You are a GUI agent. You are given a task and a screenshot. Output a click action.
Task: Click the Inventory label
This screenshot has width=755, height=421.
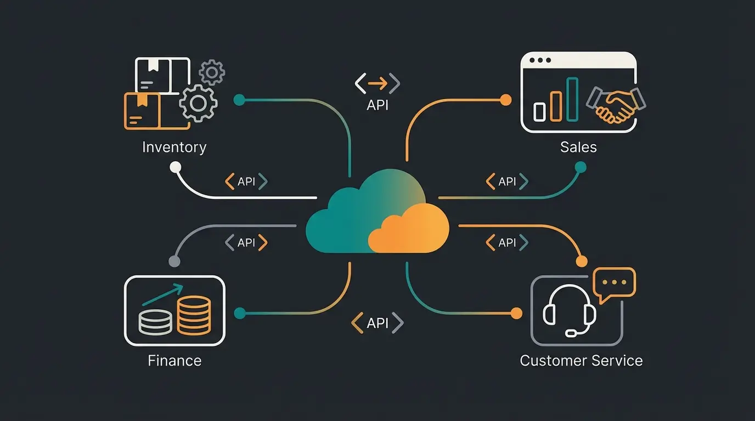point(174,147)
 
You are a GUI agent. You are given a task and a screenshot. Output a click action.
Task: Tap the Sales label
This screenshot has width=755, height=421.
point(578,147)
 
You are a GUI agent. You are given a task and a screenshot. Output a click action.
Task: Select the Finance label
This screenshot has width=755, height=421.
point(174,361)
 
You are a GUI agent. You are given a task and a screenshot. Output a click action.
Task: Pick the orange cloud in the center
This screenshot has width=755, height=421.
point(408,229)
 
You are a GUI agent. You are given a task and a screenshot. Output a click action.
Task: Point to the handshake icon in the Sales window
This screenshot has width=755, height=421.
point(616,104)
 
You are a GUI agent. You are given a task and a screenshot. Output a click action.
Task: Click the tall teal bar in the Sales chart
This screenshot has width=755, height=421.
point(572,99)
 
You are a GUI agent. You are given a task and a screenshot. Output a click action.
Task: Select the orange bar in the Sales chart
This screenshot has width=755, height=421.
point(556,105)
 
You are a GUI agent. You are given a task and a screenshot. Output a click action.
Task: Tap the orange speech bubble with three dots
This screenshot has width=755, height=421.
point(615,283)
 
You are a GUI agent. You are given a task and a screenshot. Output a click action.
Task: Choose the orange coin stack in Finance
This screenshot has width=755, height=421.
point(194,315)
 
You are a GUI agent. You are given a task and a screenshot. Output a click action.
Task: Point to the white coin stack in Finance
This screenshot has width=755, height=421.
point(155,322)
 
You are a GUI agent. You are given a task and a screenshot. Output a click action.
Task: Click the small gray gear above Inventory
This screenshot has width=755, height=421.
point(212,72)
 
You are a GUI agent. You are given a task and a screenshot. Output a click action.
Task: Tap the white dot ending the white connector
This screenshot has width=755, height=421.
point(175,167)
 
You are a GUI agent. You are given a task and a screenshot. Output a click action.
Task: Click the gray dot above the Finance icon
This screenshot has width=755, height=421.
point(174,261)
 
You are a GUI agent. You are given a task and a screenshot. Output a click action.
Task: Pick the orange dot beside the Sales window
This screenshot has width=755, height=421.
point(506,100)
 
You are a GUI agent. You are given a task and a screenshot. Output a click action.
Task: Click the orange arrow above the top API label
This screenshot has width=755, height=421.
point(377,83)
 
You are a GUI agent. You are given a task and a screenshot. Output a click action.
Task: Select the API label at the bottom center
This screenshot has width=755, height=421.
point(377,323)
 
